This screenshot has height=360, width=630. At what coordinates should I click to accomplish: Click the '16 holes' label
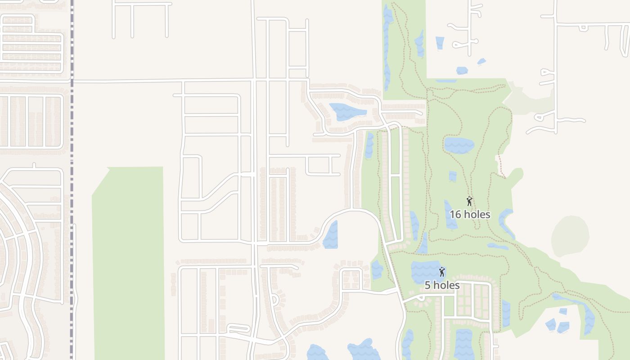tap(470, 214)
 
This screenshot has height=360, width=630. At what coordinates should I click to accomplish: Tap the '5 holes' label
tap(442, 285)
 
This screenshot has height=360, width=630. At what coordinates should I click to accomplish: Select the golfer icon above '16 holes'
tap(469, 201)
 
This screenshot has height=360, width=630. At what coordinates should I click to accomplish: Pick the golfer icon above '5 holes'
tap(442, 272)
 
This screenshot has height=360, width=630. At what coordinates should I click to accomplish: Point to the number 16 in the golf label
tap(455, 214)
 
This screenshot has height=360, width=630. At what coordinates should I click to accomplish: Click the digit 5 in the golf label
tap(427, 285)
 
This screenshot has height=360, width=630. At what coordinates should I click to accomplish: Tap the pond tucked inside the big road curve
tap(331, 235)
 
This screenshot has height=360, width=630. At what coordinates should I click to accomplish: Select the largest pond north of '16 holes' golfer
tap(459, 145)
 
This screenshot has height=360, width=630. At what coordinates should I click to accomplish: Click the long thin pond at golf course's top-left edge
tap(386, 45)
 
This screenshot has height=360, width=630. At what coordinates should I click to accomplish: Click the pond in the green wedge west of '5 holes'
tap(377, 270)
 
